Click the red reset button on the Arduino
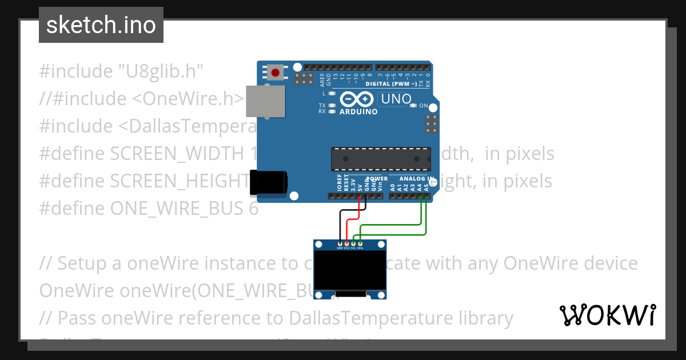276,73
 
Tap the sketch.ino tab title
101,25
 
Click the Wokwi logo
608,315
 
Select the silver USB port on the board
265,101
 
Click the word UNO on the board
396,99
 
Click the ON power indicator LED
413,106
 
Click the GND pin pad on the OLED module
340,244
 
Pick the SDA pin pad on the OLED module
360,244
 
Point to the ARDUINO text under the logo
358,112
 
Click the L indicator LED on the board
332,93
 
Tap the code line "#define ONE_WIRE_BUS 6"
149,209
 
